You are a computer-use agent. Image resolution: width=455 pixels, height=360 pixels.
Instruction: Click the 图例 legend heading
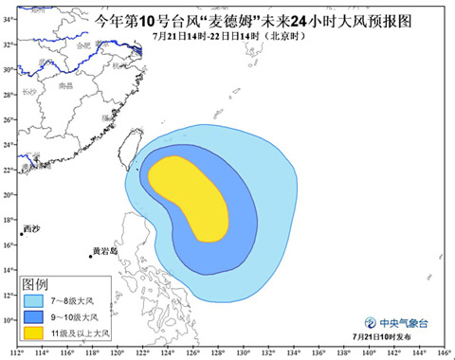[36, 284]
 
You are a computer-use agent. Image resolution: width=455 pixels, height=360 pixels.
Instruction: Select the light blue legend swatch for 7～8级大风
[38, 299]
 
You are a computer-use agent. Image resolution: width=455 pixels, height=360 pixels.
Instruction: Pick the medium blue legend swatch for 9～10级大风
[38, 316]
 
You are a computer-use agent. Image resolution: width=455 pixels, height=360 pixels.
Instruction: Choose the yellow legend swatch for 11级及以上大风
[38, 333]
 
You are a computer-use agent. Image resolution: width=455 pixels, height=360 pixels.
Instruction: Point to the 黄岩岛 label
[103, 251]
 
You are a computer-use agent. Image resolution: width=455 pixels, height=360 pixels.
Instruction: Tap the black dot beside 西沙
[22, 234]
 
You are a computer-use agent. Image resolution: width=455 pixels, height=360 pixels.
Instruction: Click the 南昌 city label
[66, 84]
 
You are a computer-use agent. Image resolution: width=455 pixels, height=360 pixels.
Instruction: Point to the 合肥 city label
[82, 45]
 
